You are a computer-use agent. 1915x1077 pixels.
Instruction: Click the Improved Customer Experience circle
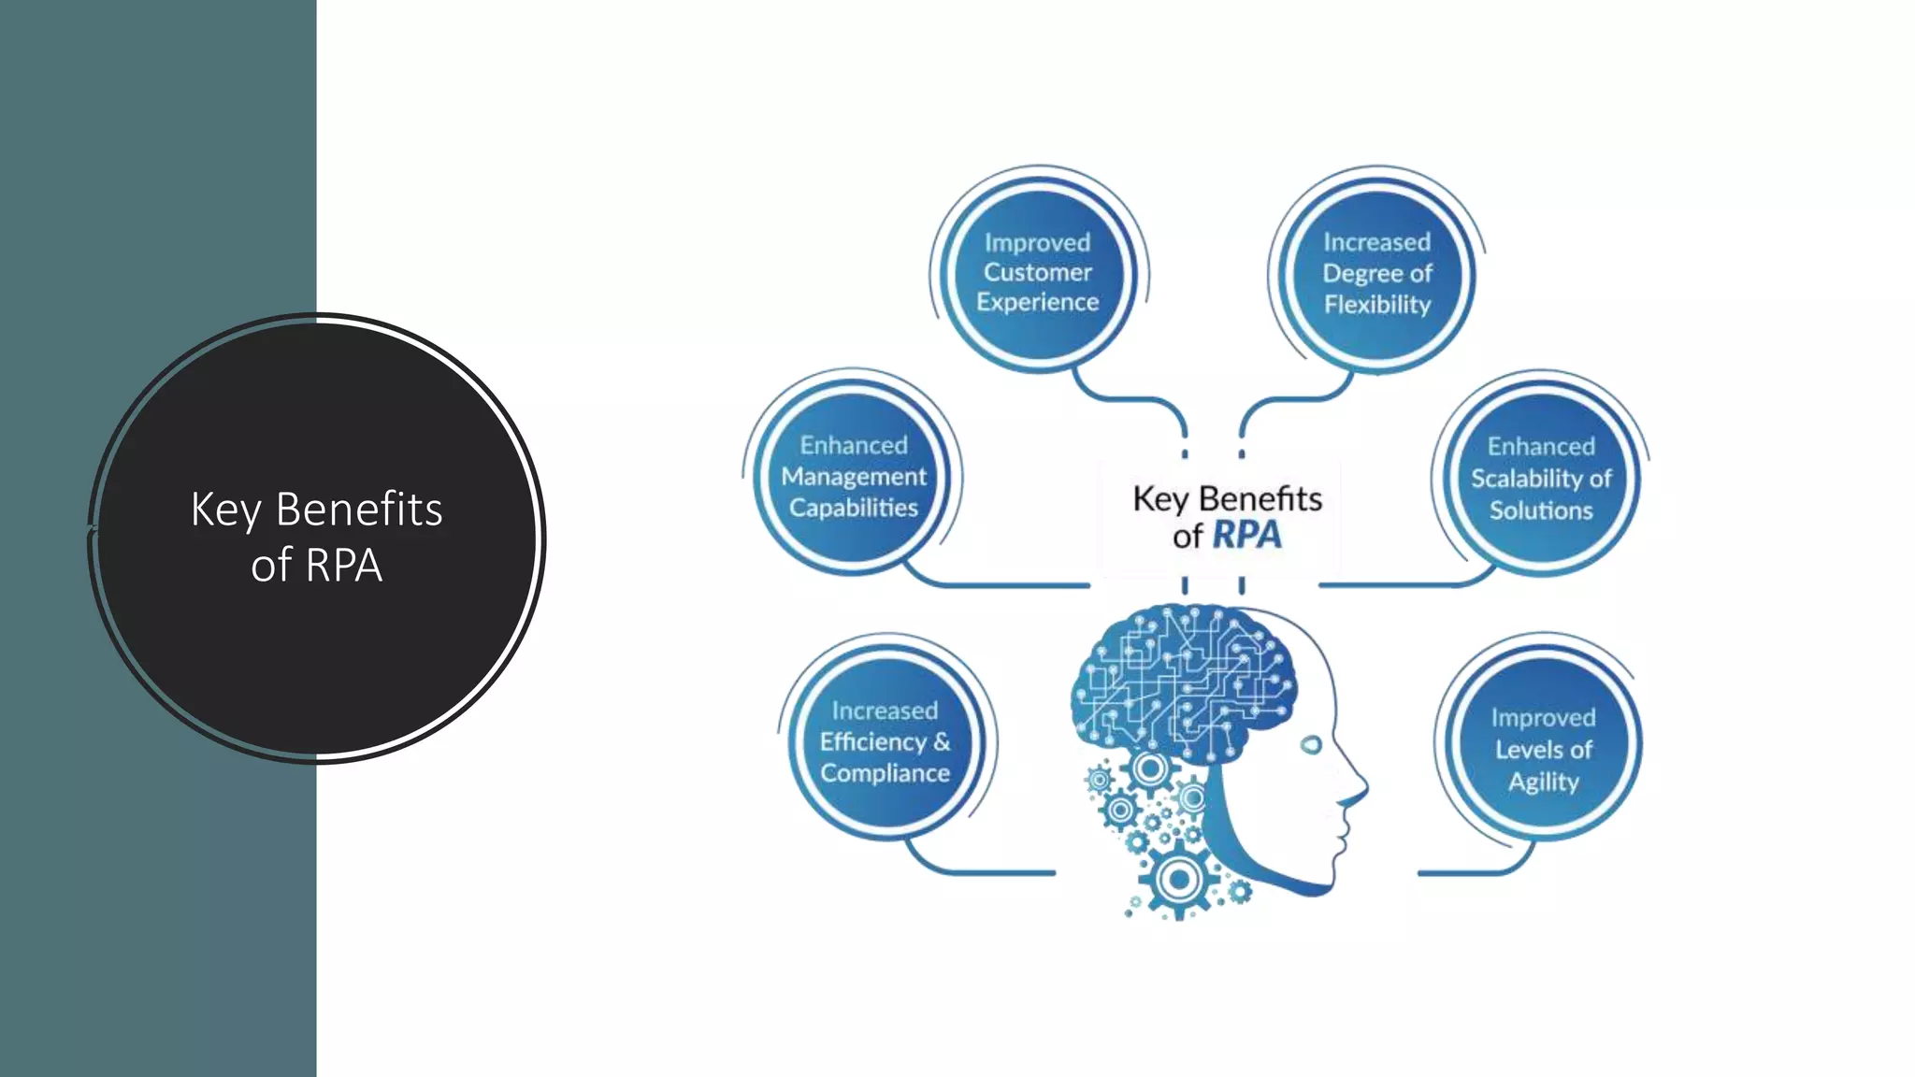point(1038,272)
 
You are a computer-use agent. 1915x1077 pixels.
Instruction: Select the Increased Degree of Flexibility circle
point(1376,273)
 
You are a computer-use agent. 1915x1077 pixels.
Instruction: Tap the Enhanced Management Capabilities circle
point(853,477)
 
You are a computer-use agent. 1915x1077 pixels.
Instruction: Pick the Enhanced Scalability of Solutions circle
point(1541,478)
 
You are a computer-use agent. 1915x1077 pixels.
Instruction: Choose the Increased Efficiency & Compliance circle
point(885,741)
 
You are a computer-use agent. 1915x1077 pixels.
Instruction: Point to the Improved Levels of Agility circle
point(1543,749)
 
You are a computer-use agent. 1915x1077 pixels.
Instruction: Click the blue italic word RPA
point(1246,536)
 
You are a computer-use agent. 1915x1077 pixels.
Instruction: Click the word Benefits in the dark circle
point(359,510)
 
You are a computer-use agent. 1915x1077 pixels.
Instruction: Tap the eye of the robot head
point(1311,744)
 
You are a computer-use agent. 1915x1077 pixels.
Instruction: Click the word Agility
point(1543,782)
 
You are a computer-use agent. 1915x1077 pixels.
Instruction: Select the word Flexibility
point(1376,305)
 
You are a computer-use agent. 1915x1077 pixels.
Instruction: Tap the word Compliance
point(885,773)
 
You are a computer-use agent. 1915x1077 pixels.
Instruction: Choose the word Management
point(853,477)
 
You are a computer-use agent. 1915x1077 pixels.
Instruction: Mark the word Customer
point(1038,272)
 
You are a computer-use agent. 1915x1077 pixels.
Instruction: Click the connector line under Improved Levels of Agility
point(1468,872)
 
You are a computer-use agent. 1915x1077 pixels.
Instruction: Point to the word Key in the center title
point(1159,499)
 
